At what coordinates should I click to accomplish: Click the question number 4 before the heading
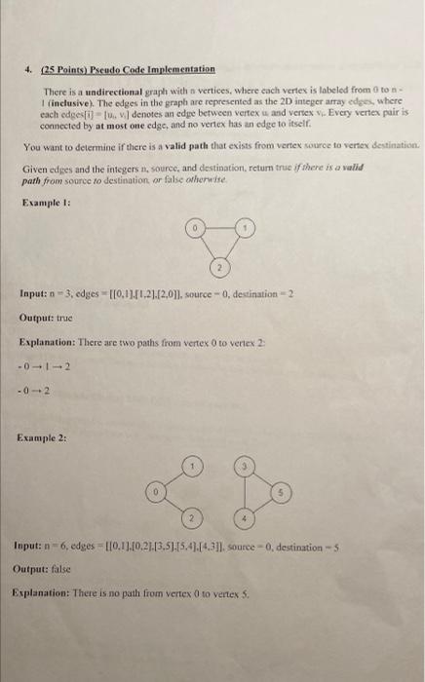point(29,69)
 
